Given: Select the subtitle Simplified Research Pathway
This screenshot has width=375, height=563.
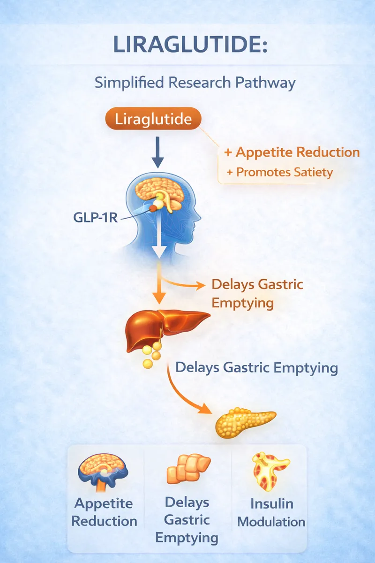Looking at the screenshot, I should [x=195, y=83].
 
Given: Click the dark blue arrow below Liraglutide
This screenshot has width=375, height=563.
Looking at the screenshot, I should [x=158, y=152].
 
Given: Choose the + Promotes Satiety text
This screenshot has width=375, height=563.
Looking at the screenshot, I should [x=279, y=172].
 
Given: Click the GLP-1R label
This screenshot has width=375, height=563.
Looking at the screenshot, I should [x=95, y=218].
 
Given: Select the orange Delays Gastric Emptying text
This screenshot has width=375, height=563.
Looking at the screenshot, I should [x=257, y=293].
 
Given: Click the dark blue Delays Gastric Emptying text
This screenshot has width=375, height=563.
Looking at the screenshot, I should [x=256, y=367].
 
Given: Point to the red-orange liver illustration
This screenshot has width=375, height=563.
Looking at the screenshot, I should [x=164, y=328].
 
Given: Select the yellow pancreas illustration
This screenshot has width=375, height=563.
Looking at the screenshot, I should [x=245, y=421].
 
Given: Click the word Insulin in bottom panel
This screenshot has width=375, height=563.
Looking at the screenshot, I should [x=271, y=503].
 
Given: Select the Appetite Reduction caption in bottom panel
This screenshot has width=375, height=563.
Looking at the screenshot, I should [x=104, y=512].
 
